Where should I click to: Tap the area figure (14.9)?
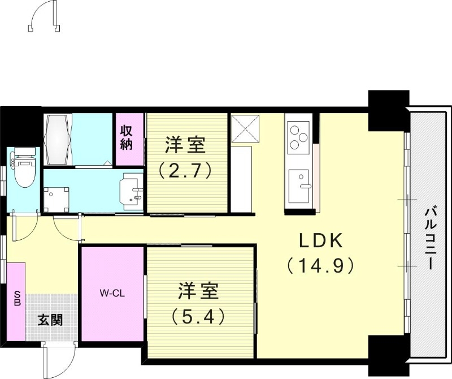[x=320, y=265]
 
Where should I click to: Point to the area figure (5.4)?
[x=199, y=316]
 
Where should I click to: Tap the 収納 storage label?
[x=125, y=137]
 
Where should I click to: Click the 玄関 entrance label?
[x=50, y=320]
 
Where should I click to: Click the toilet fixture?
[x=23, y=168]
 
